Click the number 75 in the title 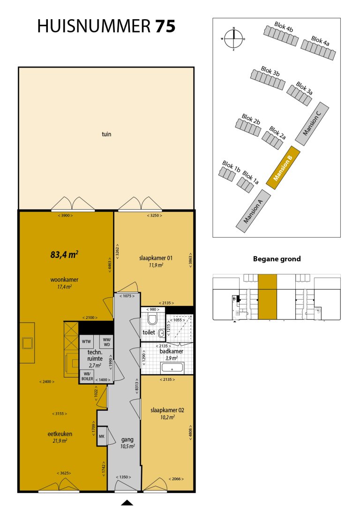pos(165,27)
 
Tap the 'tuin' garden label pos(106,134)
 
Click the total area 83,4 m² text pos(64,255)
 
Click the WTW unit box pos(86,341)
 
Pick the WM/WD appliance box pos(106,342)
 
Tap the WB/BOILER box pos(87,376)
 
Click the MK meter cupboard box pos(101,436)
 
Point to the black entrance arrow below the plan pos(127,503)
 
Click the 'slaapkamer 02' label pos(167,410)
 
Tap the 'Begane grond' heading pos(277,258)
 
